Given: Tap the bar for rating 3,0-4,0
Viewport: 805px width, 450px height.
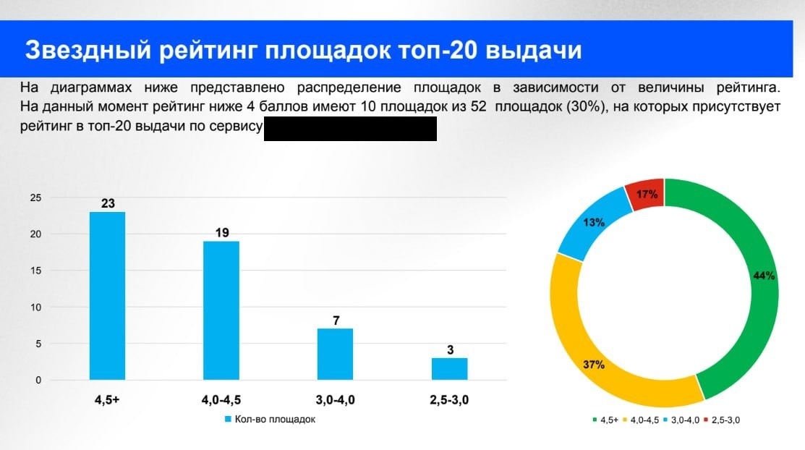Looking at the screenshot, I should coord(336,354).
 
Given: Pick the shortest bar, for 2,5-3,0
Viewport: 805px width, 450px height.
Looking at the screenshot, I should coord(450,368).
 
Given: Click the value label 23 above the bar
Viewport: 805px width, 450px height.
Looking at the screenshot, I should coord(108,203).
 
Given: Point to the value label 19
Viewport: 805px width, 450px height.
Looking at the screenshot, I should coord(221,233).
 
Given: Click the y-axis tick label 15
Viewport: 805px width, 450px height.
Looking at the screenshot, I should coord(35,271).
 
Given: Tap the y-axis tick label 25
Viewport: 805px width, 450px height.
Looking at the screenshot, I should coord(35,198).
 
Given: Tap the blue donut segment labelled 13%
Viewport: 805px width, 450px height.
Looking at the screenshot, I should coord(595,223).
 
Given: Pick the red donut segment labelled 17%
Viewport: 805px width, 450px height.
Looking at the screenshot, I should coord(647,194).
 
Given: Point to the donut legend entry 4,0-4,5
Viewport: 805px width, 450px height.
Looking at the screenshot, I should coord(644,420).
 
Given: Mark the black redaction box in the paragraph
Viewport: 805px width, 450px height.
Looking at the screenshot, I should coord(350,129).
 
